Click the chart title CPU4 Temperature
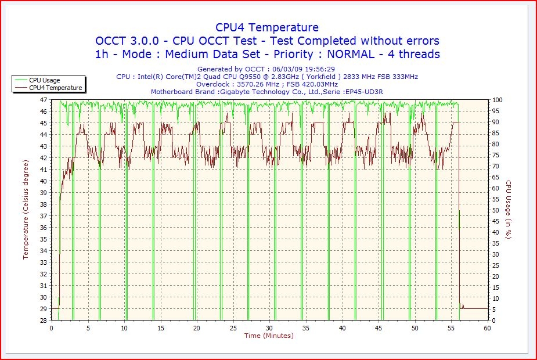pos(267,27)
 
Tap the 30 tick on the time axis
pos(269,328)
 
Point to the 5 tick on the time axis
pos(88,328)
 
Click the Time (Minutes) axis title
pos(269,336)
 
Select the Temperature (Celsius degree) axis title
pos(26,210)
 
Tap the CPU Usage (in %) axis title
pos(508,210)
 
